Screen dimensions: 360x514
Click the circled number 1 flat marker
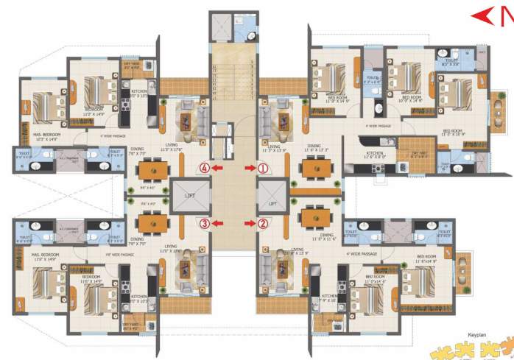(x=264, y=168)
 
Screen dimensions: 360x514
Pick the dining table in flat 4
(x=152, y=169)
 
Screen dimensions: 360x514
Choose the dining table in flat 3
(x=152, y=222)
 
